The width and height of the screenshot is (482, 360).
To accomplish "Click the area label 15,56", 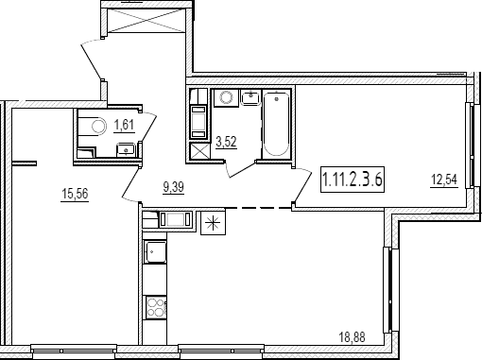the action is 75,194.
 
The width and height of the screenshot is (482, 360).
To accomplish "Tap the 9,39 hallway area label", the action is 173,187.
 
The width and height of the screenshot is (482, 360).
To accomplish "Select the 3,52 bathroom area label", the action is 226,142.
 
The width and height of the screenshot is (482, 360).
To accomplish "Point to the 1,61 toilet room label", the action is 124,125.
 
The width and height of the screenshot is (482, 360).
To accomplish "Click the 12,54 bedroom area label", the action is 444,180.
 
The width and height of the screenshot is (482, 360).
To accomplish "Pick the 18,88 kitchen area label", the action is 352,337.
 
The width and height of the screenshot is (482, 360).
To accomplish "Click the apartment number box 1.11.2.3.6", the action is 353,180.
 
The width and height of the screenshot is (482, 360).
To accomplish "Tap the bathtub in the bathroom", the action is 276,123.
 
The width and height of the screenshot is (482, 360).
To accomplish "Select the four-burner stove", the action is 155,307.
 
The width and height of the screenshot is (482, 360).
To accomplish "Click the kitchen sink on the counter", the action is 155,252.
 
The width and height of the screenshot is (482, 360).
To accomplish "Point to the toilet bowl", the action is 98,127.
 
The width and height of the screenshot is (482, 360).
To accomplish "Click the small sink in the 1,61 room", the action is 127,149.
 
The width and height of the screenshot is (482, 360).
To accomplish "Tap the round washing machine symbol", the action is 226,97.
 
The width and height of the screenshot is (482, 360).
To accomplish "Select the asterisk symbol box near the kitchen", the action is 214,223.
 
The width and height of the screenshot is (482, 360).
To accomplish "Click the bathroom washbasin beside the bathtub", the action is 251,97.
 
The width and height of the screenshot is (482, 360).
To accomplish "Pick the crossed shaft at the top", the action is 146,20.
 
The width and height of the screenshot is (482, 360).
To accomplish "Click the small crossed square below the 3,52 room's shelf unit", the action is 199,152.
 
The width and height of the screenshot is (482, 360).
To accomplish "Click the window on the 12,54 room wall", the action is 470,146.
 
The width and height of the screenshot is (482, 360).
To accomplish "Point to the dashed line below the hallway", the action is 258,208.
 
